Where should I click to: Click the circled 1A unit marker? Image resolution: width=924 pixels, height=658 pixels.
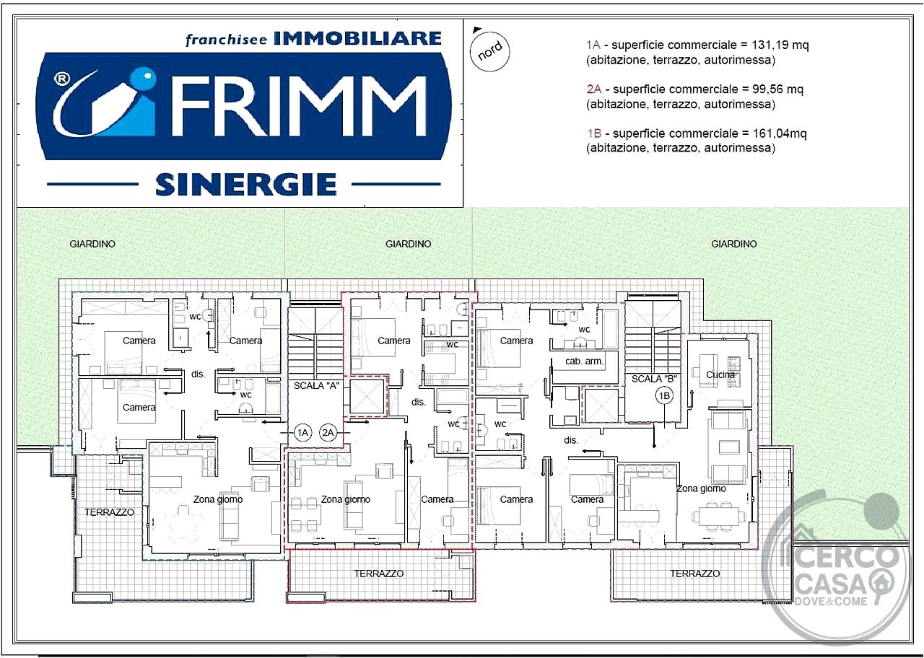click(x=302, y=432)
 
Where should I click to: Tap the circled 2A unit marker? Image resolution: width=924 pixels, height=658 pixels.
click(x=328, y=432)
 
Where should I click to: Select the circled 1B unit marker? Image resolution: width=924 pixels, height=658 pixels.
click(x=664, y=396)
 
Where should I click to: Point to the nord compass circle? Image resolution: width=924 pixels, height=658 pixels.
click(x=490, y=51)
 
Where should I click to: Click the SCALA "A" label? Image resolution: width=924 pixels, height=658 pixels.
click(x=316, y=386)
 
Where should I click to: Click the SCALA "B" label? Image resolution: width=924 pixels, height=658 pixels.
click(x=654, y=379)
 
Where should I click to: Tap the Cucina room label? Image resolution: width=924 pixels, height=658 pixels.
click(x=720, y=374)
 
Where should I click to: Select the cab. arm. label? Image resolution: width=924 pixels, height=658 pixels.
click(x=584, y=361)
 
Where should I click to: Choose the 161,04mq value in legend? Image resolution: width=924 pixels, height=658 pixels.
click(x=779, y=133)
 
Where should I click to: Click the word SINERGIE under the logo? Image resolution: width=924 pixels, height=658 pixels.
click(x=246, y=184)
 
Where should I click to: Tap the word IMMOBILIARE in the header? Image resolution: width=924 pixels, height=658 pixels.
click(x=357, y=38)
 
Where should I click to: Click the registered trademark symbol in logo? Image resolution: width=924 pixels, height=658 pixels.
click(x=62, y=79)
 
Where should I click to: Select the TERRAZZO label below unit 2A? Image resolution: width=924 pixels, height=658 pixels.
click(x=379, y=574)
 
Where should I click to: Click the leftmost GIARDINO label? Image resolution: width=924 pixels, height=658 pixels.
click(x=92, y=244)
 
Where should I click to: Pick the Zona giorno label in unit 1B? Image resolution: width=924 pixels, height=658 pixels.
click(x=701, y=488)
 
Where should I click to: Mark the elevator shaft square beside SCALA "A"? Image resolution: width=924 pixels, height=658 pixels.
click(x=367, y=396)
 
